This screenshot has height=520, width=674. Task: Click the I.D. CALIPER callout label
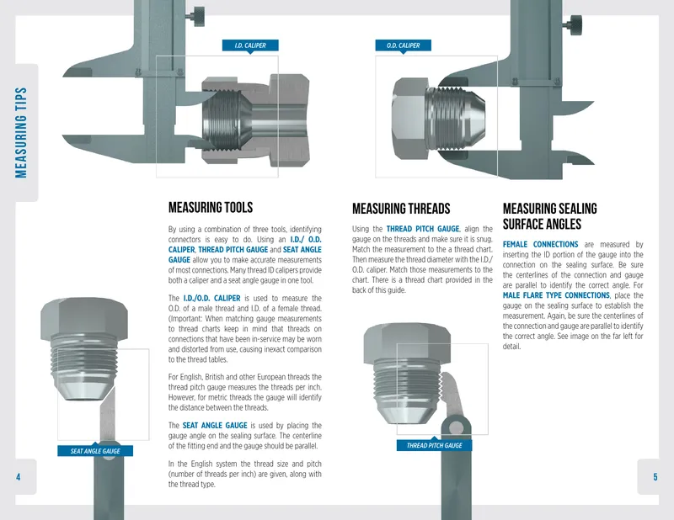[x=250, y=45]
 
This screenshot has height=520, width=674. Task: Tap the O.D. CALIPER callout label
[x=403, y=45]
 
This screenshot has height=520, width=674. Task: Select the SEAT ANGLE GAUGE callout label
[x=95, y=451]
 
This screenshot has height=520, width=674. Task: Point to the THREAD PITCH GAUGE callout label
[x=434, y=445]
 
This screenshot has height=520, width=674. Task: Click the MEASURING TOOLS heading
[x=211, y=207]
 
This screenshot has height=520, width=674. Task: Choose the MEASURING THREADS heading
[x=401, y=209]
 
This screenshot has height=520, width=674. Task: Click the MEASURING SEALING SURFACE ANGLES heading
[x=550, y=216]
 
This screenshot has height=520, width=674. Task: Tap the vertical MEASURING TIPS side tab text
[x=21, y=133]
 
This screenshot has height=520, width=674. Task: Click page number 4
[x=18, y=476]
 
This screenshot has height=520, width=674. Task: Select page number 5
[x=655, y=476]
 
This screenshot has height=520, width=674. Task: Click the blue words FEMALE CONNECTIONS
[x=540, y=244]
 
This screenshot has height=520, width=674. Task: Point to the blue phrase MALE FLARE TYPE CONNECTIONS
[x=556, y=295]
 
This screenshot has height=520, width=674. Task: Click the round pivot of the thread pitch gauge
[x=456, y=427]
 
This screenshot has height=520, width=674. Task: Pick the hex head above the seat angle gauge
[x=84, y=317]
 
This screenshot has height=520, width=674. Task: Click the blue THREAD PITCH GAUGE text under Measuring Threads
[x=423, y=229]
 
